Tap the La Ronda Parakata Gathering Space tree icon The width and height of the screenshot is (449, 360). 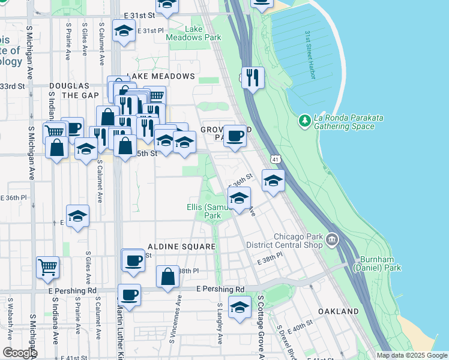tap(304, 121)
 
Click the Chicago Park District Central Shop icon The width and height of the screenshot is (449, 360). tap(331, 241)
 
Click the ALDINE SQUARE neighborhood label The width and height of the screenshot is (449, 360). tap(181, 247)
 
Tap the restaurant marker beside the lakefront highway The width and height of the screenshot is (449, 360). tap(253, 77)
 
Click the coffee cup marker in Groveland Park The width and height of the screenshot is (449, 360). tap(235, 134)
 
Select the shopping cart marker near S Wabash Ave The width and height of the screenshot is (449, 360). tap(47, 266)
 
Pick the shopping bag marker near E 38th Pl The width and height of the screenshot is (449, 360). tap(168, 276)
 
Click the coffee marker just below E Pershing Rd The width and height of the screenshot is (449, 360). tap(129, 295)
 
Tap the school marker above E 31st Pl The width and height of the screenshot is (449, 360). tap(124, 30)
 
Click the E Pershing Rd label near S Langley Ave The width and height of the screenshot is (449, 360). tap(220, 289)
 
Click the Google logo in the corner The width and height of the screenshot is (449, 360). tap(19, 353)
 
